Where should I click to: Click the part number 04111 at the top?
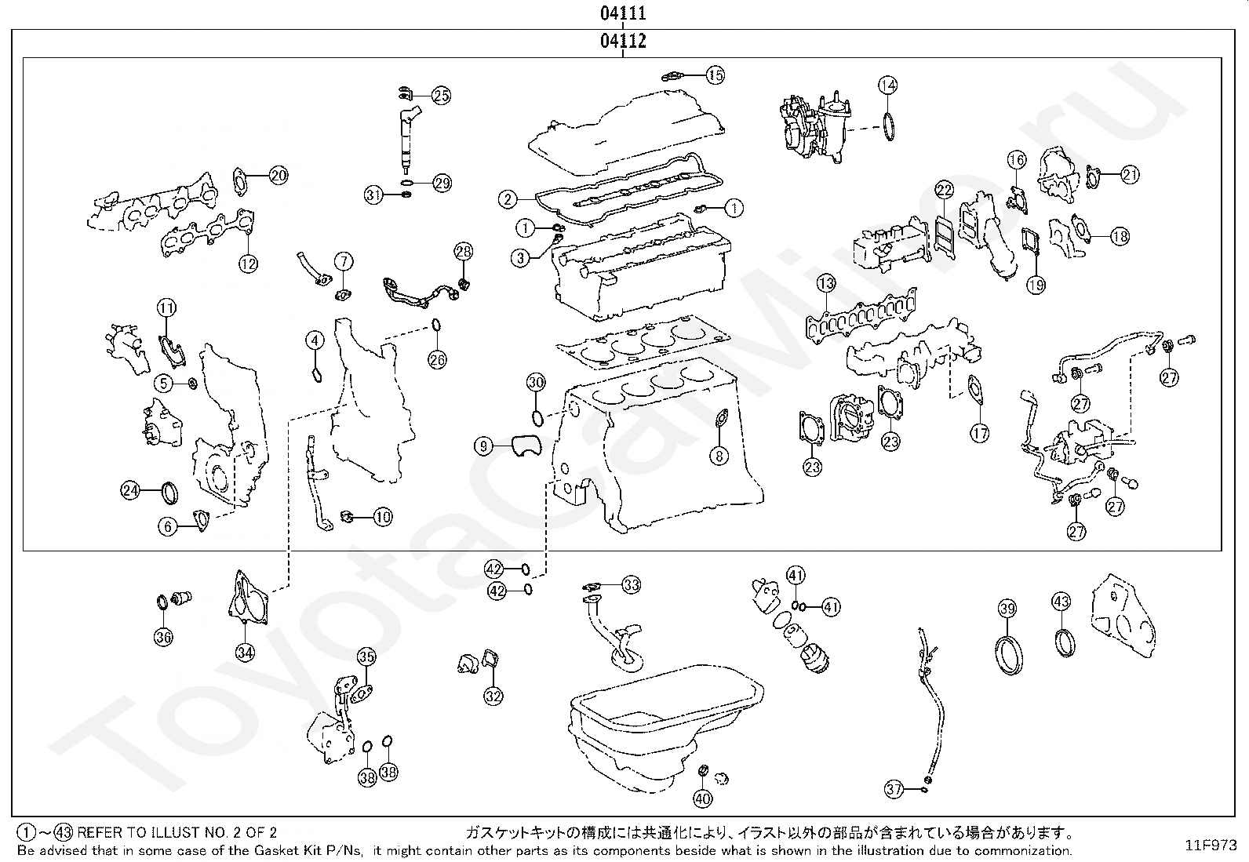(624, 13)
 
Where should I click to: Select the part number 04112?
(624, 42)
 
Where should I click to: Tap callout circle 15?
(715, 75)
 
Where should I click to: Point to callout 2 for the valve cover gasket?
(508, 199)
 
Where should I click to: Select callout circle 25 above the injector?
(442, 96)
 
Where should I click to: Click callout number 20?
(279, 176)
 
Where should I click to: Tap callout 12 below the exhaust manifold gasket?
(248, 264)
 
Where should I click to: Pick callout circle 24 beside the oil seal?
(130, 491)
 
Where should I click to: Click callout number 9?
(483, 447)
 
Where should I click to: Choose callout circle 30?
(536, 384)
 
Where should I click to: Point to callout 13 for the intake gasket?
(825, 283)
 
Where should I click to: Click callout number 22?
(944, 190)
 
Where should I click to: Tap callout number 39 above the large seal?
(1008, 608)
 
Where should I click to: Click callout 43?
(1061, 602)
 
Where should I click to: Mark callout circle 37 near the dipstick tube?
(894, 790)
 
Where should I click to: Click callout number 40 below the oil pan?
(702, 799)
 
